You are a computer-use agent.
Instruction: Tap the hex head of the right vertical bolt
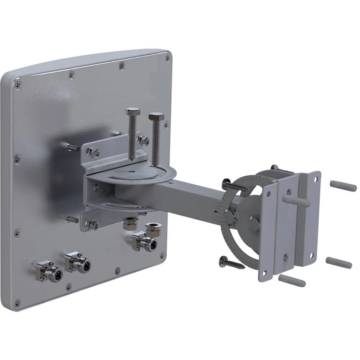156,117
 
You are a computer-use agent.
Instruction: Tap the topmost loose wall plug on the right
343,186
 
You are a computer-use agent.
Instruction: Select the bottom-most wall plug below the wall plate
292,280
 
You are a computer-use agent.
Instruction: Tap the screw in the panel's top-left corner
17,85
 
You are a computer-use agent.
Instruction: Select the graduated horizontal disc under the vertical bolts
144,173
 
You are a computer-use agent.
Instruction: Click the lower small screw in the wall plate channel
285,256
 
